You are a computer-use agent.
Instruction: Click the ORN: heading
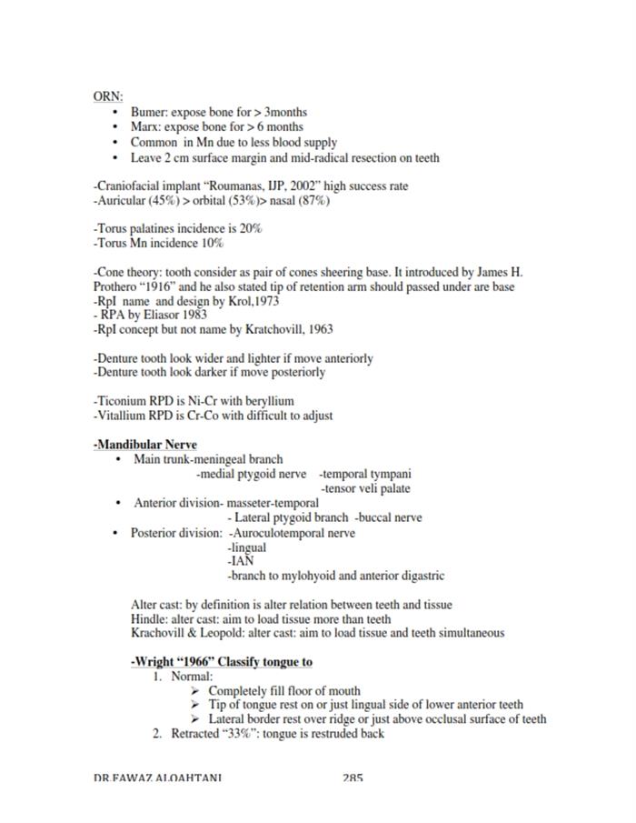click(108, 95)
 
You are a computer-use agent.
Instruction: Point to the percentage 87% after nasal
click(313, 201)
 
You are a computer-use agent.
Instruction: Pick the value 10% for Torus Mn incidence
click(213, 244)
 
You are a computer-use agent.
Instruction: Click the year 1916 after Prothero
click(161, 286)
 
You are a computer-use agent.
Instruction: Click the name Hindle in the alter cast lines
click(149, 619)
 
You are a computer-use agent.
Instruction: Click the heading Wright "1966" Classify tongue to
click(222, 662)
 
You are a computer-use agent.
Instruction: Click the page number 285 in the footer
click(353, 778)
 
